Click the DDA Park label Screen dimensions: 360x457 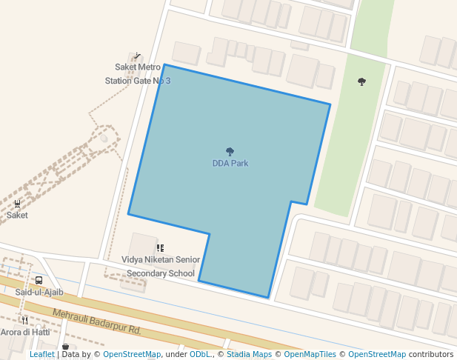click(x=230, y=164)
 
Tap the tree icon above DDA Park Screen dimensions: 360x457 click(x=230, y=152)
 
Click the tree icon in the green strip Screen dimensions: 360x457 click(x=361, y=81)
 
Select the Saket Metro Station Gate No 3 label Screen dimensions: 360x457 click(x=138, y=74)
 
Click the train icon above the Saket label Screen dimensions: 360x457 click(x=17, y=203)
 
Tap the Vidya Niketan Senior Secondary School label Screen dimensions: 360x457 click(x=161, y=267)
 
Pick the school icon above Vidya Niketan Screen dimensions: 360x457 click(x=159, y=248)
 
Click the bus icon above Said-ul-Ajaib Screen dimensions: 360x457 click(x=39, y=281)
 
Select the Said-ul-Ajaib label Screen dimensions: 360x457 click(x=39, y=293)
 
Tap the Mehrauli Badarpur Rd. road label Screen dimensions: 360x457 click(x=96, y=321)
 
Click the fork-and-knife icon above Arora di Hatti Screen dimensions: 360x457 click(x=24, y=321)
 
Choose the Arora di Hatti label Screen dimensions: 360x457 click(x=24, y=333)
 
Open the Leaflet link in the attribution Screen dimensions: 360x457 click(x=41, y=355)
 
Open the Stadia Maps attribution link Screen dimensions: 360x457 click(x=250, y=355)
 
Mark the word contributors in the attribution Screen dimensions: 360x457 click(x=431, y=355)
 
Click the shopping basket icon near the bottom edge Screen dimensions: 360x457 click(x=65, y=347)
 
